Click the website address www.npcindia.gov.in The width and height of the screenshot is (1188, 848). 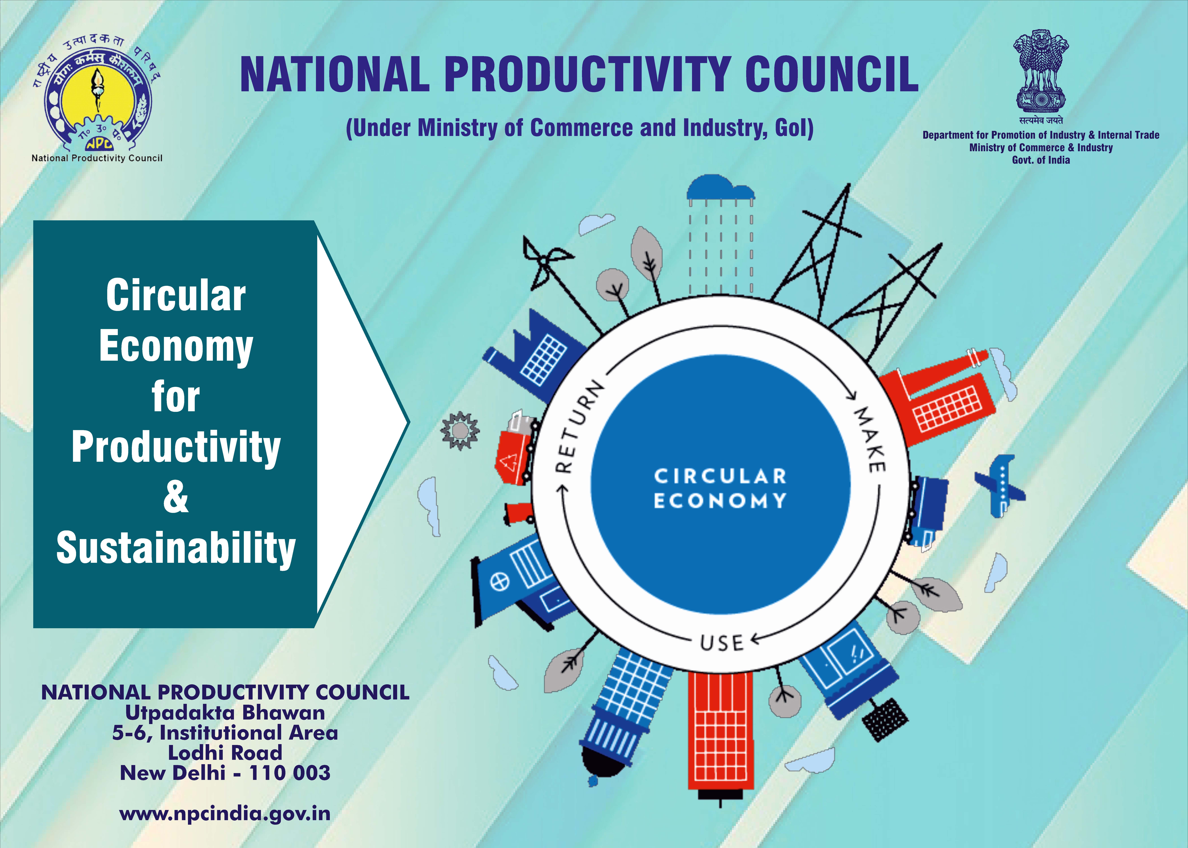pos(225,814)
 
